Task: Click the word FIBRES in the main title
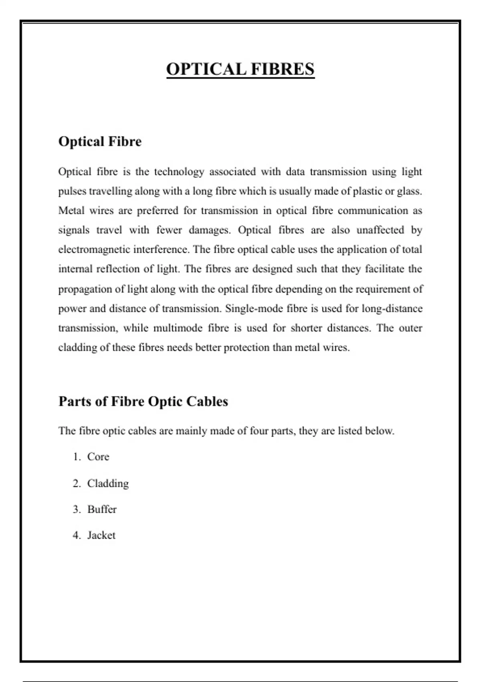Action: (283, 69)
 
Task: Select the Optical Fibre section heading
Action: (100, 142)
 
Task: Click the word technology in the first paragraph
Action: (179, 172)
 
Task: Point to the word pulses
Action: (72, 191)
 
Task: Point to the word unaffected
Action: (380, 230)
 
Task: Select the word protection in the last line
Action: (246, 347)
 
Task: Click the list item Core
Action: (98, 457)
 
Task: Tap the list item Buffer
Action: (102, 509)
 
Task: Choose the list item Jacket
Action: (101, 535)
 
